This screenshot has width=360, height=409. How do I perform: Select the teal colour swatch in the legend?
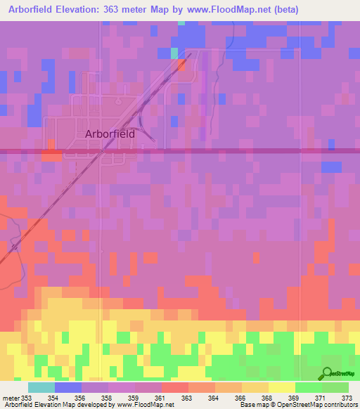[x=41, y=387]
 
